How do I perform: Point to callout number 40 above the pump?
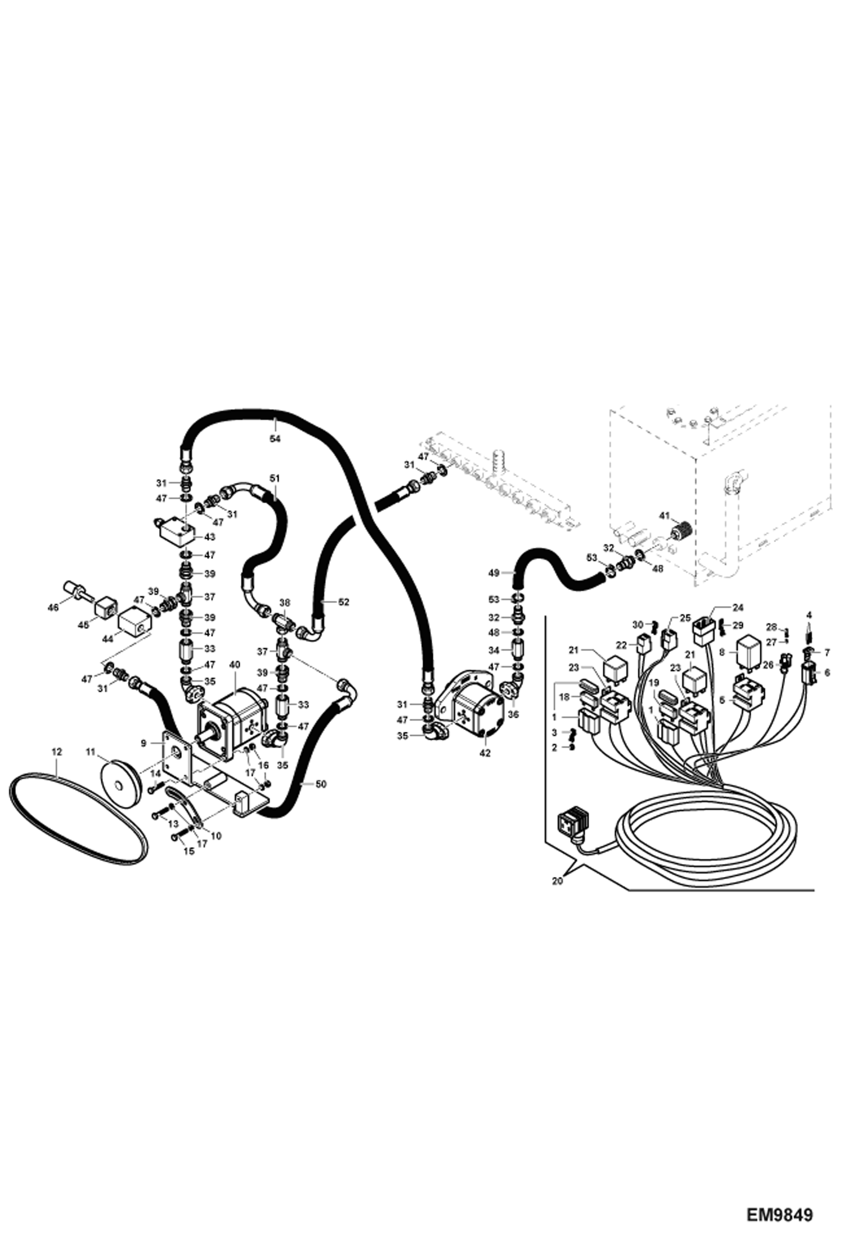point(235,665)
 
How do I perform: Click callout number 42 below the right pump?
point(485,753)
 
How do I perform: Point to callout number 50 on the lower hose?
point(320,784)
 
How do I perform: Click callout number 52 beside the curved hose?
point(343,602)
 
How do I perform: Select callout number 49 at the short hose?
point(494,573)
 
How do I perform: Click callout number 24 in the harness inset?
point(738,607)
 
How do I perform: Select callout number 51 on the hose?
point(275,478)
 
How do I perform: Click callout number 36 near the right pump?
point(513,714)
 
